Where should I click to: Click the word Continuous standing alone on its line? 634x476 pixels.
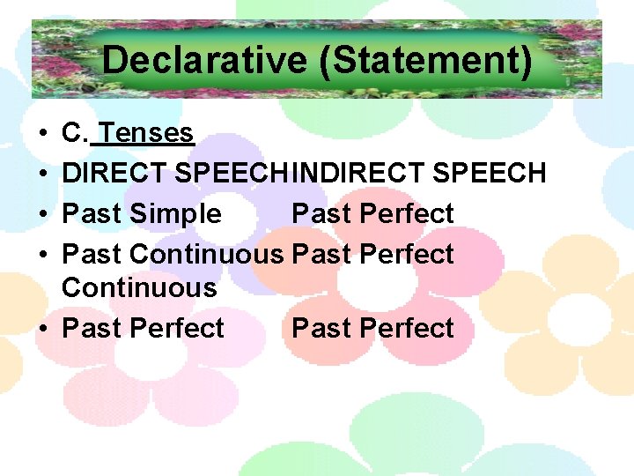tap(139, 287)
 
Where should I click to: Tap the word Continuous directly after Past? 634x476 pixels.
tap(206, 254)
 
